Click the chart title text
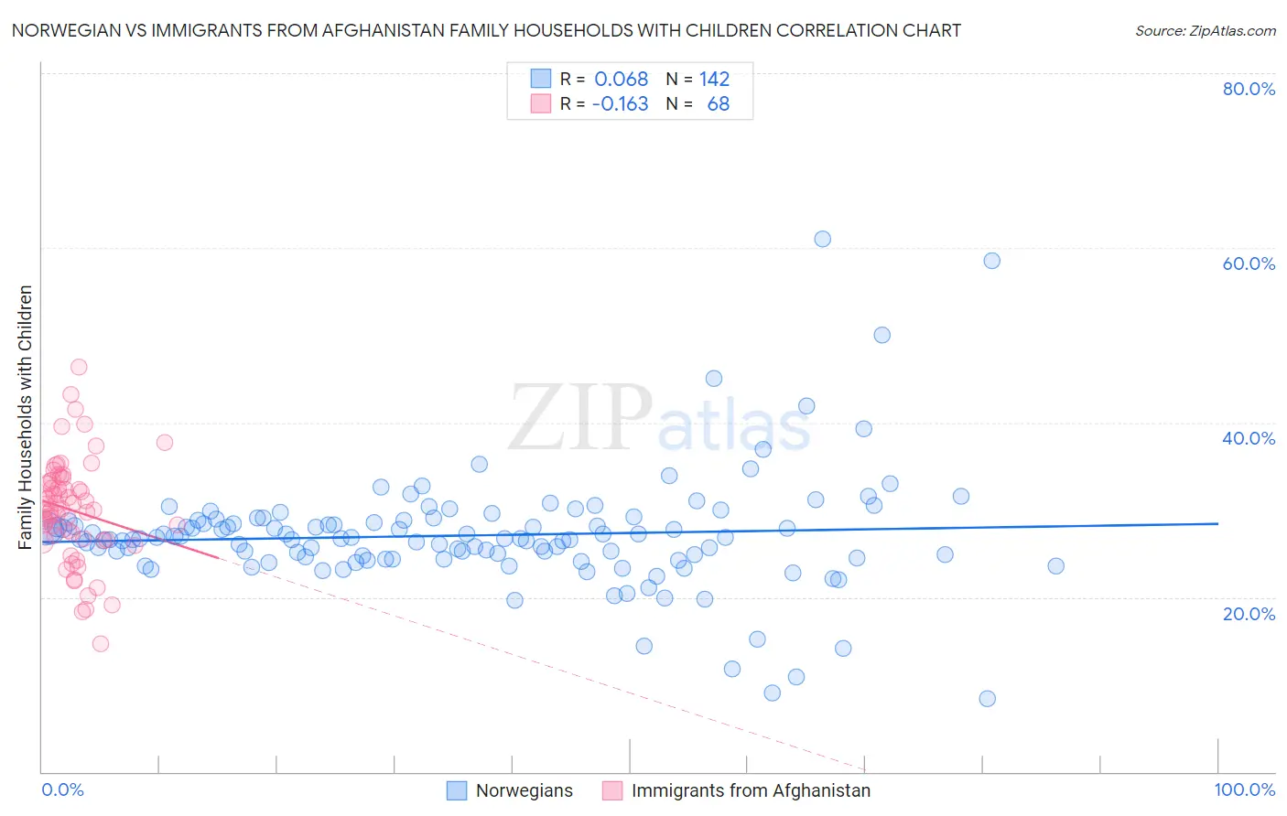[486, 30]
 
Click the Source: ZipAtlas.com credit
[1205, 30]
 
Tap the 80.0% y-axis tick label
[1249, 89]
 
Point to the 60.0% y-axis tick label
[1249, 263]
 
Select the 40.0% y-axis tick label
[1249, 438]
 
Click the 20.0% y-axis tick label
[1249, 613]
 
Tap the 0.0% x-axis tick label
[62, 789]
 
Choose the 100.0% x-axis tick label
[1244, 789]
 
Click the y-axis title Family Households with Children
[26, 417]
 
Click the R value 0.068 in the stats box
[621, 79]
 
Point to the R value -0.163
[620, 103]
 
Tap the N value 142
[714, 79]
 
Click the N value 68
[719, 103]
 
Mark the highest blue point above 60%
[822, 239]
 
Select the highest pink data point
[79, 367]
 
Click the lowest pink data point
[101, 643]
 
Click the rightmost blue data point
[1055, 565]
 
